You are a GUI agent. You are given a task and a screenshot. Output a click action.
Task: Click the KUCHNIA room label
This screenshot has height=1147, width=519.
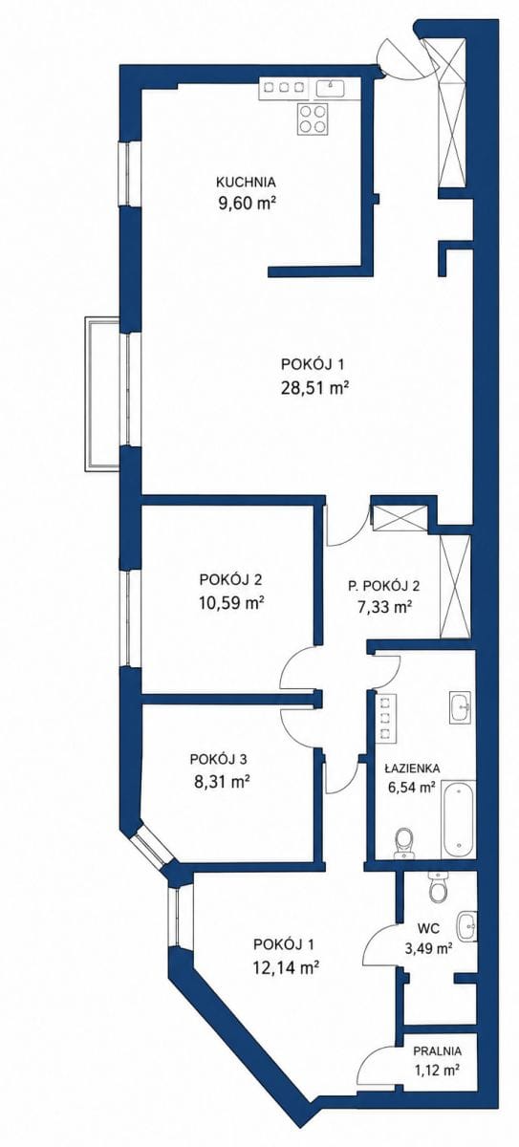coord(246,182)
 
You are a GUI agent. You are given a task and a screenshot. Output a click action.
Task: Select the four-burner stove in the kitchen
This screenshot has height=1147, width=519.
coord(313,119)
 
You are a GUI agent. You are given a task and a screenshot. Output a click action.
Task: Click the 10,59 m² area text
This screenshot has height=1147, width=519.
coord(232,603)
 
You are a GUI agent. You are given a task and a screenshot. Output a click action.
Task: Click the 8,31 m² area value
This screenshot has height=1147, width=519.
coord(221,782)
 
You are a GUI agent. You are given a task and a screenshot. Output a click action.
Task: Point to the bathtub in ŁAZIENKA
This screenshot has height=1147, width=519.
coord(458,818)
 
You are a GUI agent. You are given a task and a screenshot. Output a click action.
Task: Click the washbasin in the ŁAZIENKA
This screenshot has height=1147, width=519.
coord(461,707)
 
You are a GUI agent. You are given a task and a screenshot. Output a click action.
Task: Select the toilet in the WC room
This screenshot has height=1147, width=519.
coord(438,888)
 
